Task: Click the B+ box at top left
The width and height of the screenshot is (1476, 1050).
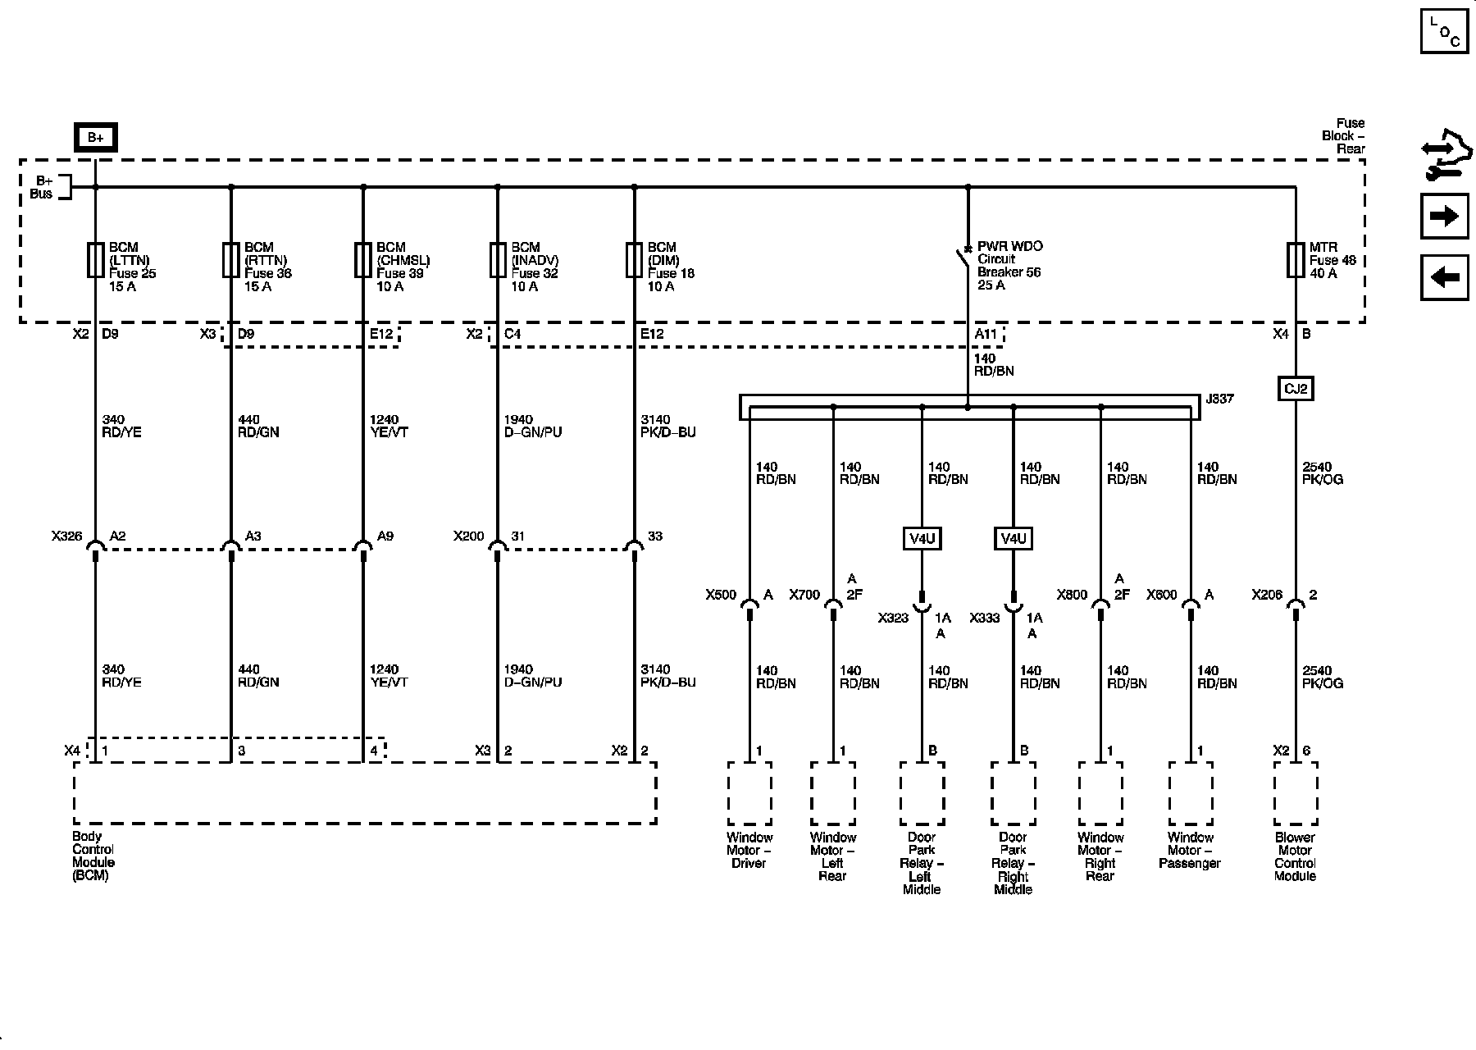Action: [96, 138]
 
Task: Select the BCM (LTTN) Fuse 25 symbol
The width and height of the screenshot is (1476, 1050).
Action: [96, 259]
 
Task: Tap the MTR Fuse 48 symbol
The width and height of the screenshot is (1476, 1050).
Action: [1296, 259]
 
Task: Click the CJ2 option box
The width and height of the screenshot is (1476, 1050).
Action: [1296, 388]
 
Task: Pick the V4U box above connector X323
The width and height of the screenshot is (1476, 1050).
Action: [922, 539]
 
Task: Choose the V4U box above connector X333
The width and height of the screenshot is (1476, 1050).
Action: [1013, 539]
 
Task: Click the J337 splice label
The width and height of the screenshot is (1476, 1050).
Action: [1219, 399]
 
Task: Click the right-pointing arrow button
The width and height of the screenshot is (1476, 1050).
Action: [1444, 217]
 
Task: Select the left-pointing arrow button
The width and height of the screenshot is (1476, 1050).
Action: [1444, 277]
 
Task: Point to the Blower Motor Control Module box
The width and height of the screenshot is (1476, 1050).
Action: [1296, 792]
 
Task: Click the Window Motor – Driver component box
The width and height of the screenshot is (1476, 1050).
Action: [749, 792]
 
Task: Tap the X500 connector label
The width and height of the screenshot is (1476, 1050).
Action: [721, 595]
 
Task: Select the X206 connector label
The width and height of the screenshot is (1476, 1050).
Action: [1267, 595]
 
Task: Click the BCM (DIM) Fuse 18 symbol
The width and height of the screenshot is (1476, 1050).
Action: [634, 259]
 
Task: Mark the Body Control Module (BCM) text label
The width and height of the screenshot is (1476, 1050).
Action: [93, 856]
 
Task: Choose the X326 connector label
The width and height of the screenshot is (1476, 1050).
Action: [66, 536]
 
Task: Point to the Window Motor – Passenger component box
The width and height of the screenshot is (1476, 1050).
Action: [1191, 792]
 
